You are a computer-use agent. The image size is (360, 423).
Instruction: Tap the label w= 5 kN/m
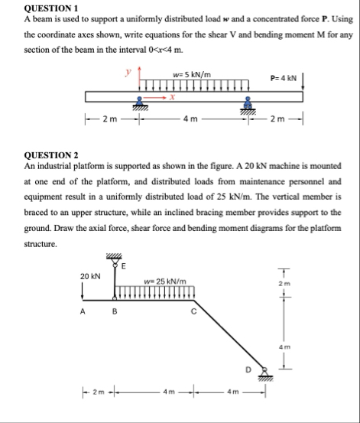192,74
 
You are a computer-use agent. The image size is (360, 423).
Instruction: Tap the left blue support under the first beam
139,105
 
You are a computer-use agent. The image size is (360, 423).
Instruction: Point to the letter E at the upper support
125,266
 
